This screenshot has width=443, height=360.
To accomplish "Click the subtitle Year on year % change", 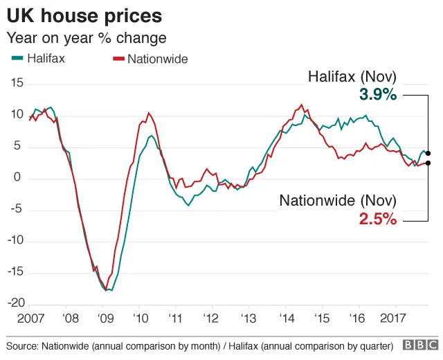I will (x=86, y=37).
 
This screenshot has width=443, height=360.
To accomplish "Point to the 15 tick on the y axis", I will (x=17, y=83).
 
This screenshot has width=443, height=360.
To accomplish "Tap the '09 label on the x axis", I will (x=105, y=319).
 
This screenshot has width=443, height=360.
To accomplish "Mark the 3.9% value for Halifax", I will (x=378, y=95).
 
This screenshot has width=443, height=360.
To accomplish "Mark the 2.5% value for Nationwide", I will (x=378, y=219).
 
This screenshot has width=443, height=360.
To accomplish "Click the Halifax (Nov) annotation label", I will (x=352, y=77).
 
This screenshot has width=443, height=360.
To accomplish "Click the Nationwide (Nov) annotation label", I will (x=338, y=201).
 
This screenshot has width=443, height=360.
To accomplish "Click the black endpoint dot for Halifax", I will (x=428, y=153).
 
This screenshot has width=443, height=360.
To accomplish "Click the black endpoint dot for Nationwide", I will (x=428, y=163).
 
